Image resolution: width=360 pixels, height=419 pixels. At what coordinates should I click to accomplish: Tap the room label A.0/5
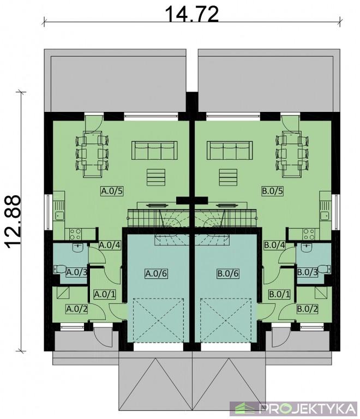point(112,191)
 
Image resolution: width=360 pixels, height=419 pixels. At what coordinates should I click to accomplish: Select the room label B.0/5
point(272,191)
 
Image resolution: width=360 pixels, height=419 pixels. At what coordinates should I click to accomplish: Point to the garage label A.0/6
point(157,274)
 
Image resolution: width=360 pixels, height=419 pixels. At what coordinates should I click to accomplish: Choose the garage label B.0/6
point(228,274)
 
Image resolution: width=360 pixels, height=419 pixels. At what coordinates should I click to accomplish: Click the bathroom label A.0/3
point(77,273)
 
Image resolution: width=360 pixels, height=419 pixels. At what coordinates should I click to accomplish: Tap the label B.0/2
point(307,309)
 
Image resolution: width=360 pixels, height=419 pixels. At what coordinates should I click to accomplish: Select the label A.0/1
point(105,295)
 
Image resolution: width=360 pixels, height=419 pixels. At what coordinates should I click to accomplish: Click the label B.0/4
point(274,245)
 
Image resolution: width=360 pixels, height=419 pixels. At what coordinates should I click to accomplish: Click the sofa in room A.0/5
point(154,151)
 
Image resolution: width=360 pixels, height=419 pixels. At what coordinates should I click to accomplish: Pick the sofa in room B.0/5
point(230,151)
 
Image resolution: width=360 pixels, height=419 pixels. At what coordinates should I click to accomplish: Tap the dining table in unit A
point(93,154)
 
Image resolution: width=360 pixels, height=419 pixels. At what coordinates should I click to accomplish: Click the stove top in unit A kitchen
point(75,234)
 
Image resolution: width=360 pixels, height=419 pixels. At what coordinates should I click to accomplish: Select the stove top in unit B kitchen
point(309,234)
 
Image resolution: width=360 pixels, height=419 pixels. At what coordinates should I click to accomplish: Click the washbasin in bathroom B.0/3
point(307,248)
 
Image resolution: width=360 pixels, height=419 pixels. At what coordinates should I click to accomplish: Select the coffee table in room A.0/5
point(156,177)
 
